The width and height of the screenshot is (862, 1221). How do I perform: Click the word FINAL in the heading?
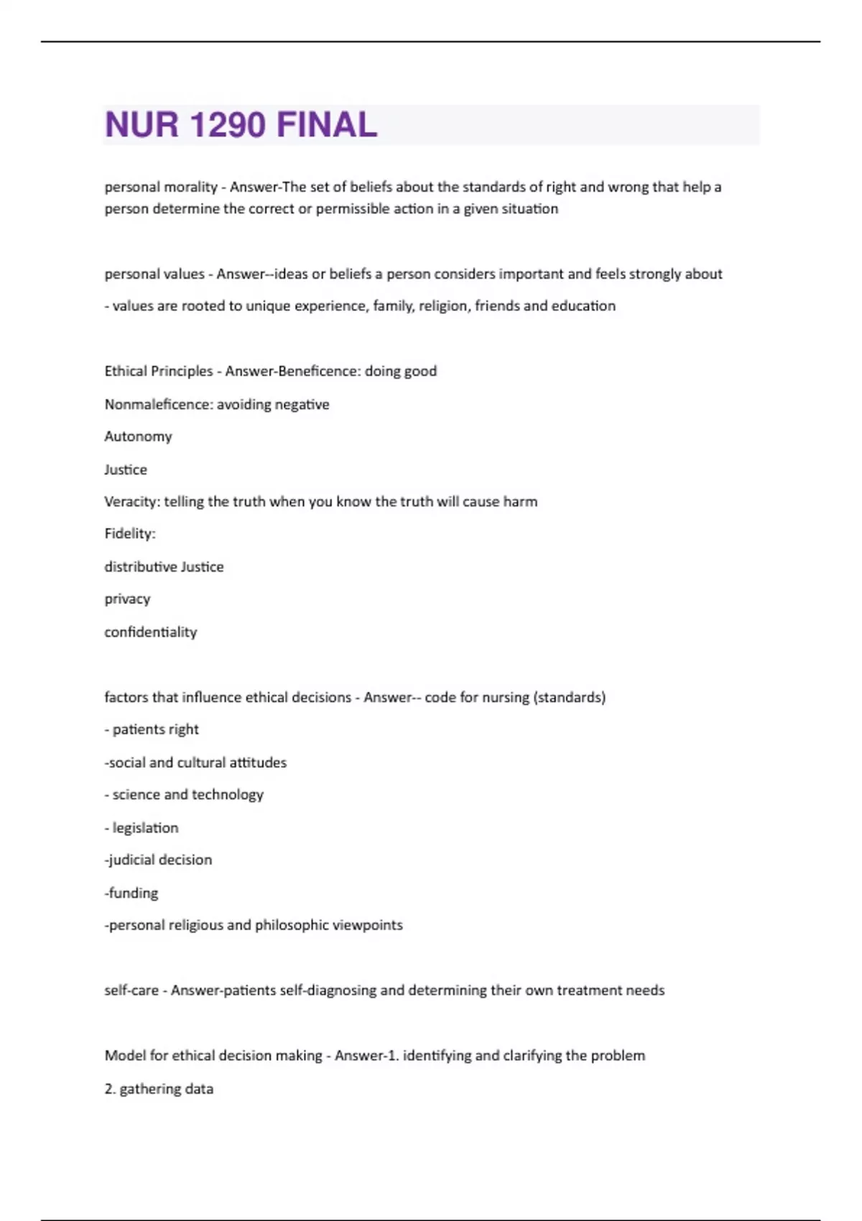pyautogui.click(x=327, y=125)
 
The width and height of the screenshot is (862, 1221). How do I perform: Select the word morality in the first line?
pyautogui.click(x=190, y=187)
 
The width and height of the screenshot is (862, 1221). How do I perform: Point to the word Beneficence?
pyautogui.click(x=318, y=371)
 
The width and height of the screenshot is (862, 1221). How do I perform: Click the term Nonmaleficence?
pyautogui.click(x=158, y=404)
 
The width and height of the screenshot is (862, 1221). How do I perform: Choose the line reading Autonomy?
pyautogui.click(x=138, y=437)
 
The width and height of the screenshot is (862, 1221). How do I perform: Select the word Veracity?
pyautogui.click(x=131, y=501)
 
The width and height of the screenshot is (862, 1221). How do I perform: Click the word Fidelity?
pyautogui.click(x=129, y=534)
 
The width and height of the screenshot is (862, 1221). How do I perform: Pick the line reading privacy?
pyautogui.click(x=127, y=599)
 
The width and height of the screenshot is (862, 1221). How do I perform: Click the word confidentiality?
pyautogui.click(x=150, y=632)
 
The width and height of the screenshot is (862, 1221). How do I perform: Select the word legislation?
pyautogui.click(x=145, y=827)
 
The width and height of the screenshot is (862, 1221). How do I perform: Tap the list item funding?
pyautogui.click(x=133, y=893)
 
